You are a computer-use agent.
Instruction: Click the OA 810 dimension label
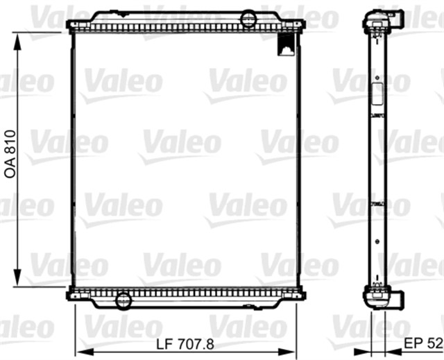pos(10,154)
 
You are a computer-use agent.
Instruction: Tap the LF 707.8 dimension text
pos(185,345)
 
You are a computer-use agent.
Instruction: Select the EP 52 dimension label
pos(423,343)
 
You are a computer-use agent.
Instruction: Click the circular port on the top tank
pos(248,19)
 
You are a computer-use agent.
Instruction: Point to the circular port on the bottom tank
pos(123,300)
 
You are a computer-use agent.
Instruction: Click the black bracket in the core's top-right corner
pos(286,44)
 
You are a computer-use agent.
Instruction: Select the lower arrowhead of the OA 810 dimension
pos(17,277)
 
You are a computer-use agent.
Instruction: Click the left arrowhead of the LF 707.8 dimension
pos(85,352)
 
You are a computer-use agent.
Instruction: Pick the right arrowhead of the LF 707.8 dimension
pos(287,352)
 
